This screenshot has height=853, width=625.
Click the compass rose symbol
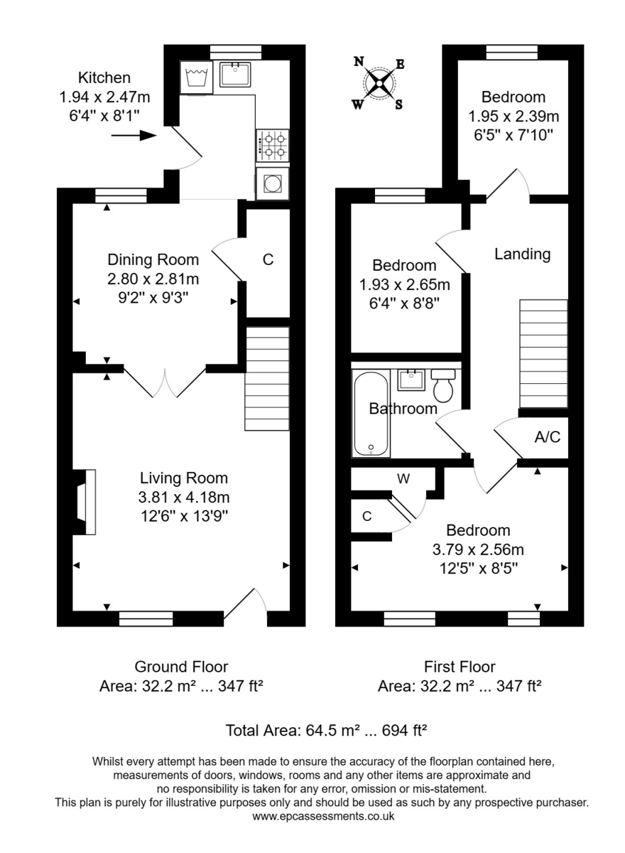(379, 84)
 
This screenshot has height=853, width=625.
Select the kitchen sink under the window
(235, 75)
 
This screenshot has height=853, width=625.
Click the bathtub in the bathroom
(370, 414)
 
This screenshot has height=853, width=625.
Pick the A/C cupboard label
(547, 437)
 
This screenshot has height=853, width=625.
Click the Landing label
(522, 254)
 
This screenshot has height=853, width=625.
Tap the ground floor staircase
(267, 378)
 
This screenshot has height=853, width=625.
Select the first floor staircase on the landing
(544, 353)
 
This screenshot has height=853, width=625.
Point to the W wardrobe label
(403, 478)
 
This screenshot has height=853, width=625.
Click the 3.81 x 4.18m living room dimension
(183, 497)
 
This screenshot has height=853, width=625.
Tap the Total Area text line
(325, 730)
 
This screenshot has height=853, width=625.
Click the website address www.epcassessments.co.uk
(323, 817)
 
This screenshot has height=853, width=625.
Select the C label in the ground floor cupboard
(268, 260)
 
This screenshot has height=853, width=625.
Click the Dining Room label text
(153, 259)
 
